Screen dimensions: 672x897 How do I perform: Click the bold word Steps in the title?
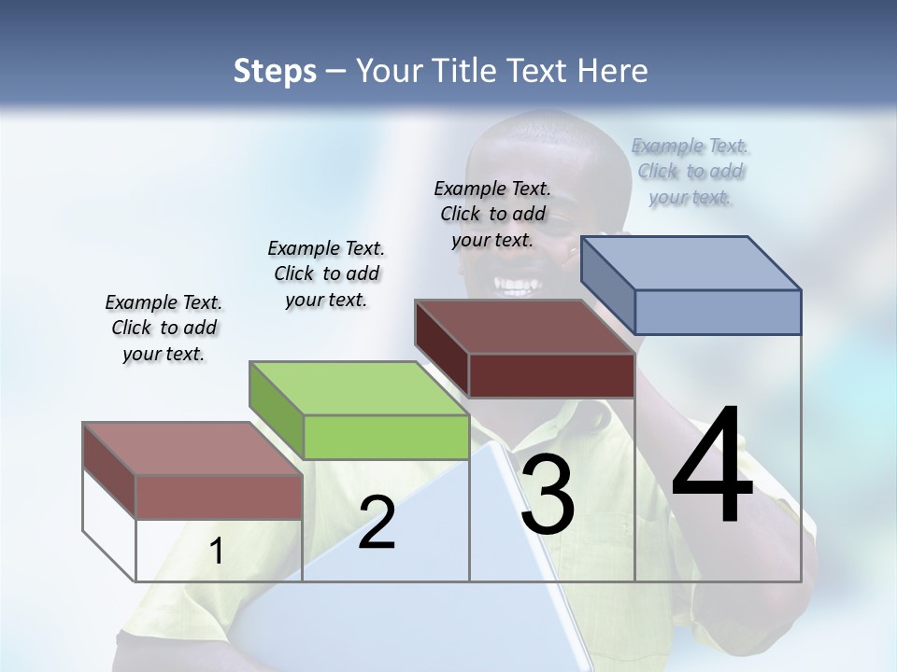(x=275, y=71)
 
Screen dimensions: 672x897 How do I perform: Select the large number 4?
(x=712, y=466)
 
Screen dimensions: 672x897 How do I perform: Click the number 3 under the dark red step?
(x=548, y=496)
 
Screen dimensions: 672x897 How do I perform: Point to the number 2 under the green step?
(x=377, y=524)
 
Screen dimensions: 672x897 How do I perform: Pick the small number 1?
(x=217, y=552)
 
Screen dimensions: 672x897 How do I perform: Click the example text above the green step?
(x=326, y=274)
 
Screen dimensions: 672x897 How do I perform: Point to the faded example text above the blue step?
(x=690, y=172)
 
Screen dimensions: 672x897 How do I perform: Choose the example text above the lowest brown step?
(x=164, y=329)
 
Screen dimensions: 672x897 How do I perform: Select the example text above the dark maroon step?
(x=492, y=215)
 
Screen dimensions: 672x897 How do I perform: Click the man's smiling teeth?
(x=517, y=283)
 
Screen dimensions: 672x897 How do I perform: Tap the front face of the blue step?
(x=718, y=312)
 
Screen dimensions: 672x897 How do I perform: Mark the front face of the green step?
(x=386, y=437)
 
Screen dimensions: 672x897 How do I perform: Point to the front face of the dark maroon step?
(x=551, y=376)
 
